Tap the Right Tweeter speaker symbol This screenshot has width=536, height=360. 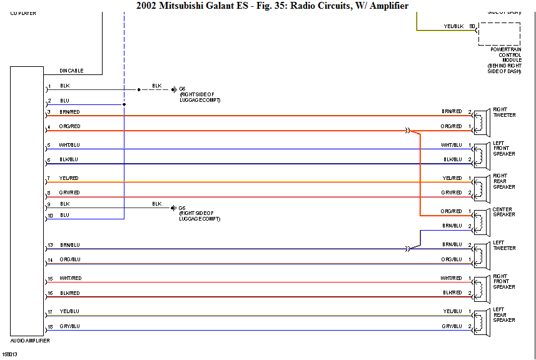(480, 121)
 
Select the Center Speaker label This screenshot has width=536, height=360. (503, 212)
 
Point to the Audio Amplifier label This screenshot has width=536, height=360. (30, 341)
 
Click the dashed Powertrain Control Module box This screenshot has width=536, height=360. (499, 34)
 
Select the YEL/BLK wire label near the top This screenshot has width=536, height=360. (453, 26)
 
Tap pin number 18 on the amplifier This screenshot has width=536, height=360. (50, 326)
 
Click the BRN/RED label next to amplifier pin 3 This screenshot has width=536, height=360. (69, 112)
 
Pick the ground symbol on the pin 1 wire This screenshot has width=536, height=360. (174, 89)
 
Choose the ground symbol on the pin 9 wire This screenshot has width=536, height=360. (174, 208)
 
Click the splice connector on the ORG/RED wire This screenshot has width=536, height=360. (408, 131)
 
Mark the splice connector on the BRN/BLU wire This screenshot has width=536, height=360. (408, 249)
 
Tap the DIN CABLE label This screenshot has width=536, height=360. (71, 71)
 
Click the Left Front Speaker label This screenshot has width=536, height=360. (503, 149)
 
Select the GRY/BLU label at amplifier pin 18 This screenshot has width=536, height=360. (69, 326)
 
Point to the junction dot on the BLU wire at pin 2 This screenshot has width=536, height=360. (124, 104)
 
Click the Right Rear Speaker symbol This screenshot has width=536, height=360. (480, 186)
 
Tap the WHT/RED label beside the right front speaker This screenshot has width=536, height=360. (450, 278)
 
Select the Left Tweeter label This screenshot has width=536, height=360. (504, 246)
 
